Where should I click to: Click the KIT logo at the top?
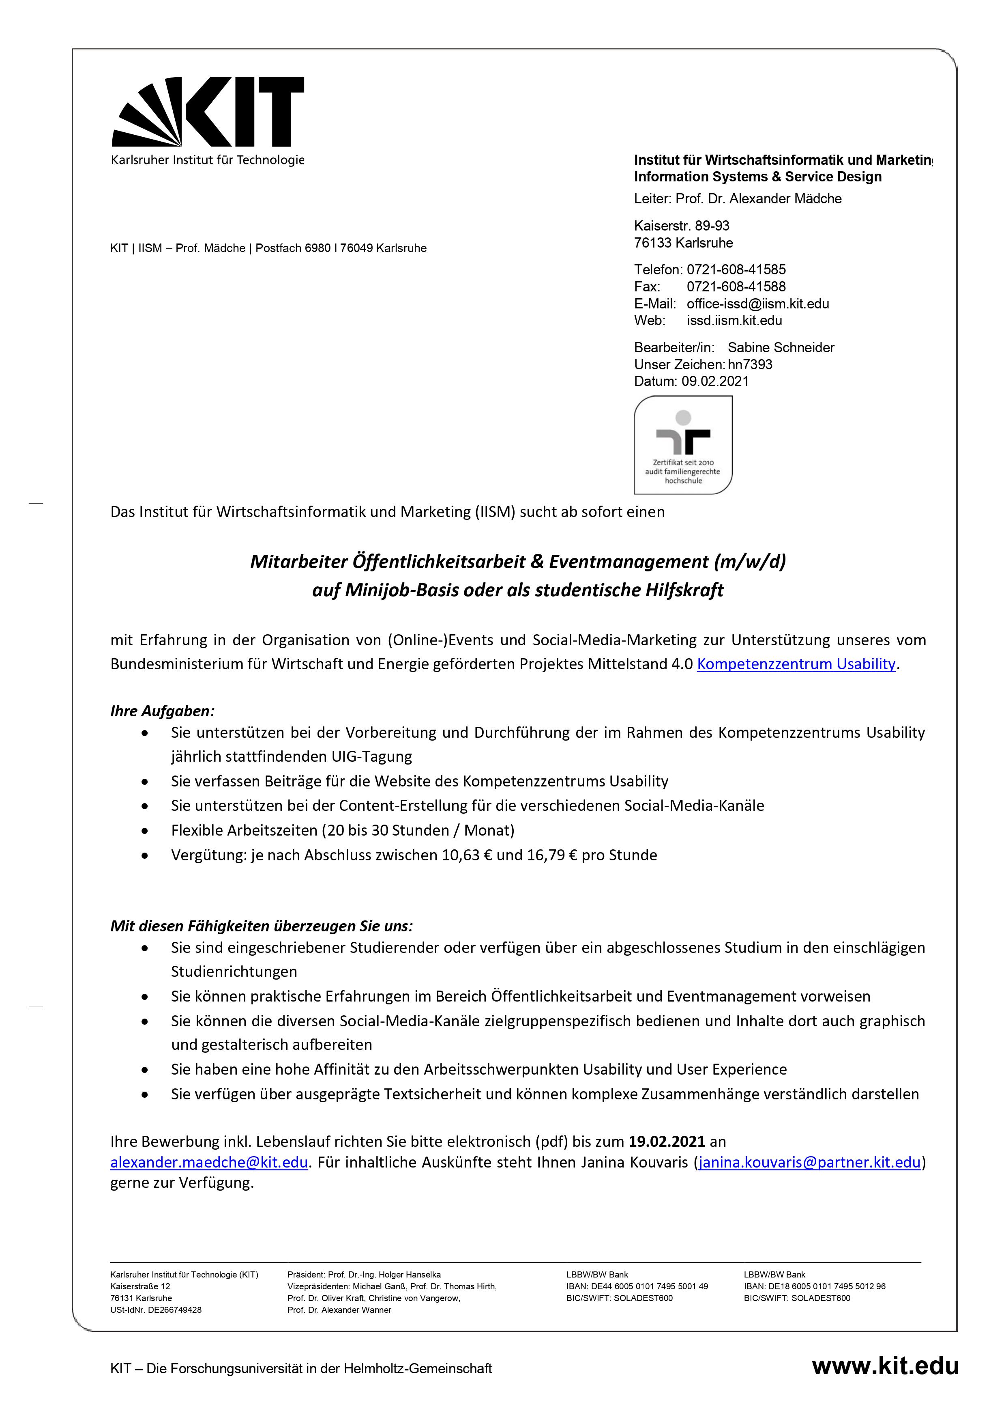207,112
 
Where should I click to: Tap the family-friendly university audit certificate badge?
683,445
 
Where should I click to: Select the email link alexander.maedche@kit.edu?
209,1162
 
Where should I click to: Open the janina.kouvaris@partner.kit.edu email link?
809,1162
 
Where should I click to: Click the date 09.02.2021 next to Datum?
715,381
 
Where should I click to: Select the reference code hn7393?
750,365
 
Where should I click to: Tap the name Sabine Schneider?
781,347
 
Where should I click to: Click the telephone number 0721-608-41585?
736,270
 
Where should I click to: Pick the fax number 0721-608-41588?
736,287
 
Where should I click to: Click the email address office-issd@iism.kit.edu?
757,304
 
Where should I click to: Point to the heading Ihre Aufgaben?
163,711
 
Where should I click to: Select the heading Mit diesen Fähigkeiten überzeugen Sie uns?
261,926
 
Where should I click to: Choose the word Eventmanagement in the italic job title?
628,561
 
